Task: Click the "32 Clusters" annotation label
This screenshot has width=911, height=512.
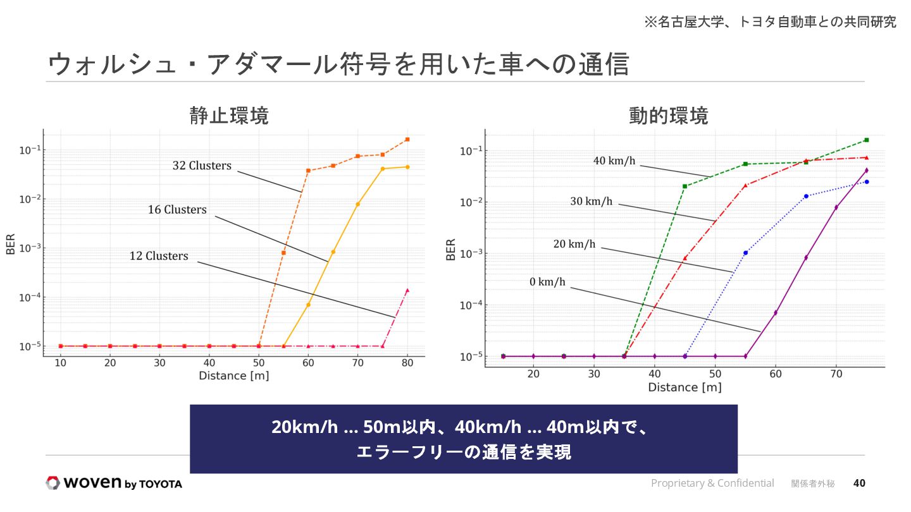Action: pos(202,166)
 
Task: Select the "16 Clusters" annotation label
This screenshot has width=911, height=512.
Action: pos(177,209)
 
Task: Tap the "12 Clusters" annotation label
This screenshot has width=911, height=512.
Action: pos(159,256)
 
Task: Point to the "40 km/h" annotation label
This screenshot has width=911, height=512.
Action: pos(614,161)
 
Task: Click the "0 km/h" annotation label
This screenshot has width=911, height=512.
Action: pos(547,282)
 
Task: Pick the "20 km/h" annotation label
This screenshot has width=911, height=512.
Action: pos(574,244)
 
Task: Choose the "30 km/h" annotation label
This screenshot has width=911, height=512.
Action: pos(591,202)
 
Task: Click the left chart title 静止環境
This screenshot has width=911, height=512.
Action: pos(229,116)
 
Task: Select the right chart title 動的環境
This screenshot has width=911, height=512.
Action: pos(668,116)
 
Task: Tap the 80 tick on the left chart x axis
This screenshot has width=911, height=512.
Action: pos(407,363)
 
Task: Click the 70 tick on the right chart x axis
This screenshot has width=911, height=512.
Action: pos(836,374)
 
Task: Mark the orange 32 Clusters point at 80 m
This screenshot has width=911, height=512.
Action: pos(407,139)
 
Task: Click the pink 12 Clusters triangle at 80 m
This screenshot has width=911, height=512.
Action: pos(407,290)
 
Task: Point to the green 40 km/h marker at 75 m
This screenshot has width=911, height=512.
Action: pos(866,140)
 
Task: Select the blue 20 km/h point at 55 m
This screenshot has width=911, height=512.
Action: pos(745,253)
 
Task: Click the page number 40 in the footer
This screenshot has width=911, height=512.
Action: pos(859,483)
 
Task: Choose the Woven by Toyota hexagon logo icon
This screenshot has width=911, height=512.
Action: pos(53,483)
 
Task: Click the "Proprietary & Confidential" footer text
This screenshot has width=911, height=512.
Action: pos(712,483)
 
